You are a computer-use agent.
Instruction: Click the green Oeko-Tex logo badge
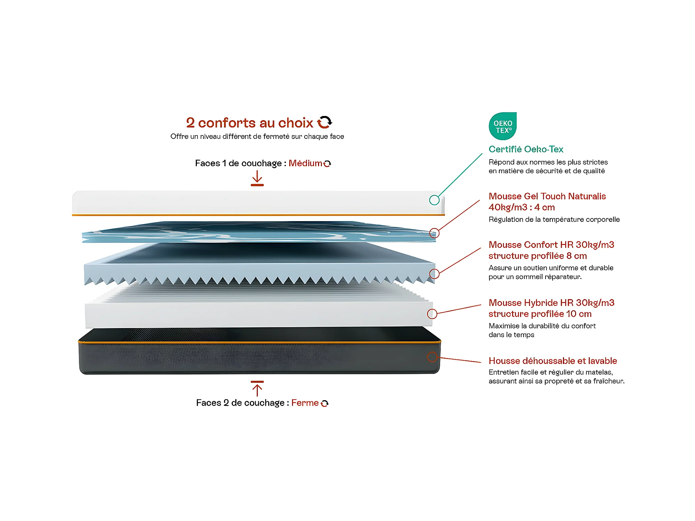click(502, 126)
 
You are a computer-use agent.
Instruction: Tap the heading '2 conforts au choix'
click(249, 123)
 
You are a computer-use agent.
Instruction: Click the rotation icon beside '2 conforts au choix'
click(324, 122)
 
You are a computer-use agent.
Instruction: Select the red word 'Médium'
click(305, 163)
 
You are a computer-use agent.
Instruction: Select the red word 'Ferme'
click(305, 403)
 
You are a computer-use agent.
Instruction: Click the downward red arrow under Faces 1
click(257, 178)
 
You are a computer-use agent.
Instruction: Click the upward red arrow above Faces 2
click(257, 388)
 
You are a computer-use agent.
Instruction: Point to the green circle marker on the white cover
click(434, 200)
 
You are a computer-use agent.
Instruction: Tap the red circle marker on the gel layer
click(434, 233)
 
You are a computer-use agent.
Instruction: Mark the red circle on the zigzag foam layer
click(434, 274)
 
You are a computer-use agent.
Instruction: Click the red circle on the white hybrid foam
click(432, 314)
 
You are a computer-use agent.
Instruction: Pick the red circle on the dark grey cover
click(432, 357)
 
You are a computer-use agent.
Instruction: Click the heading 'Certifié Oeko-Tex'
click(526, 149)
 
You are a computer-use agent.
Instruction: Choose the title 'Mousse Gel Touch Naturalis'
click(547, 196)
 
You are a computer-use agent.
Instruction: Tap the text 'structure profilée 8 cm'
click(538, 256)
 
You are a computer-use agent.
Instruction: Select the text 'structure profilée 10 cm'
click(540, 314)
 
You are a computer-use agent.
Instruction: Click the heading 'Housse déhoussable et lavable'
click(553, 361)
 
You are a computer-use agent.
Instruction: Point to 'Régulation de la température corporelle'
click(554, 219)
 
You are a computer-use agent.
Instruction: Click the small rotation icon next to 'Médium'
click(327, 163)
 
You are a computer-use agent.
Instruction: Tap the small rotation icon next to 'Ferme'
click(325, 403)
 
